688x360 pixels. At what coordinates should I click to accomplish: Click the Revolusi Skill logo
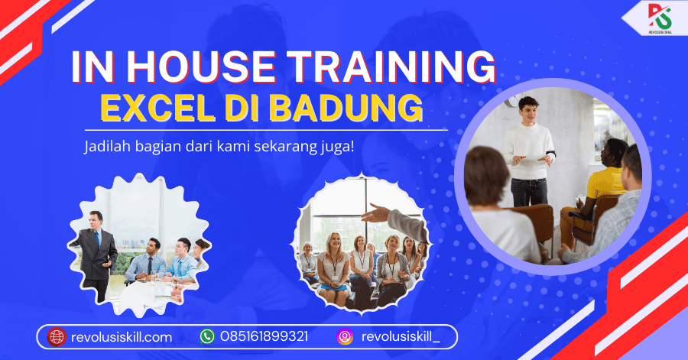pos(660,18)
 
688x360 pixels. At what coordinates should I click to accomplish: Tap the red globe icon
pos(57,337)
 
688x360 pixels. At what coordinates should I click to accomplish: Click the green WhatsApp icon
pos(207,337)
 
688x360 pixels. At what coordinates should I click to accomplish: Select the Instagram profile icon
pos(345,337)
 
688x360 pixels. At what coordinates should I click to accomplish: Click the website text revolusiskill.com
pos(122,337)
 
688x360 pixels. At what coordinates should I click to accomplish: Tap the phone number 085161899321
pos(264,337)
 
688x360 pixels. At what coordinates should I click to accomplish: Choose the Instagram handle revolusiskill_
pos(401,337)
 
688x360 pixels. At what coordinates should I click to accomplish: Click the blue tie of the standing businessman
pos(97,239)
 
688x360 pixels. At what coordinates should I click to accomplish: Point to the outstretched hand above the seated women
pos(375,213)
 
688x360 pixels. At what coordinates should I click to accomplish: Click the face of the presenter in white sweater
pos(529,112)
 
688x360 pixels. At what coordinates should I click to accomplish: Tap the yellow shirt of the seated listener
pos(606,183)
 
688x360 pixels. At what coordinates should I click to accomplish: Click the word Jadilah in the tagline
pos(108,146)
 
